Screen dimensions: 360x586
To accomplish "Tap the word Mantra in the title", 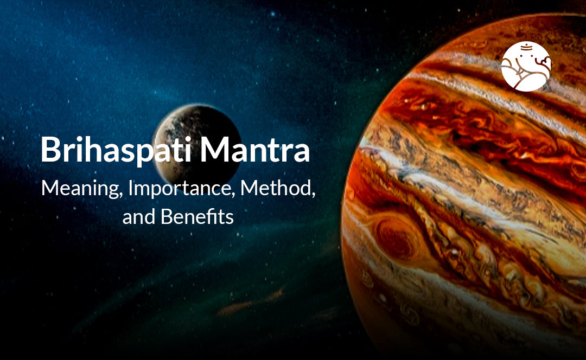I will point(255,150).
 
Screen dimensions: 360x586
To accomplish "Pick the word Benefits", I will point(197,217).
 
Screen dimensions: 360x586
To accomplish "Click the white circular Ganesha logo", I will point(526,67).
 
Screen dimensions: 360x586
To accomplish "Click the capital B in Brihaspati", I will point(50,150).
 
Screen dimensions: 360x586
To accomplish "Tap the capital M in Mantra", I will point(213,150).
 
